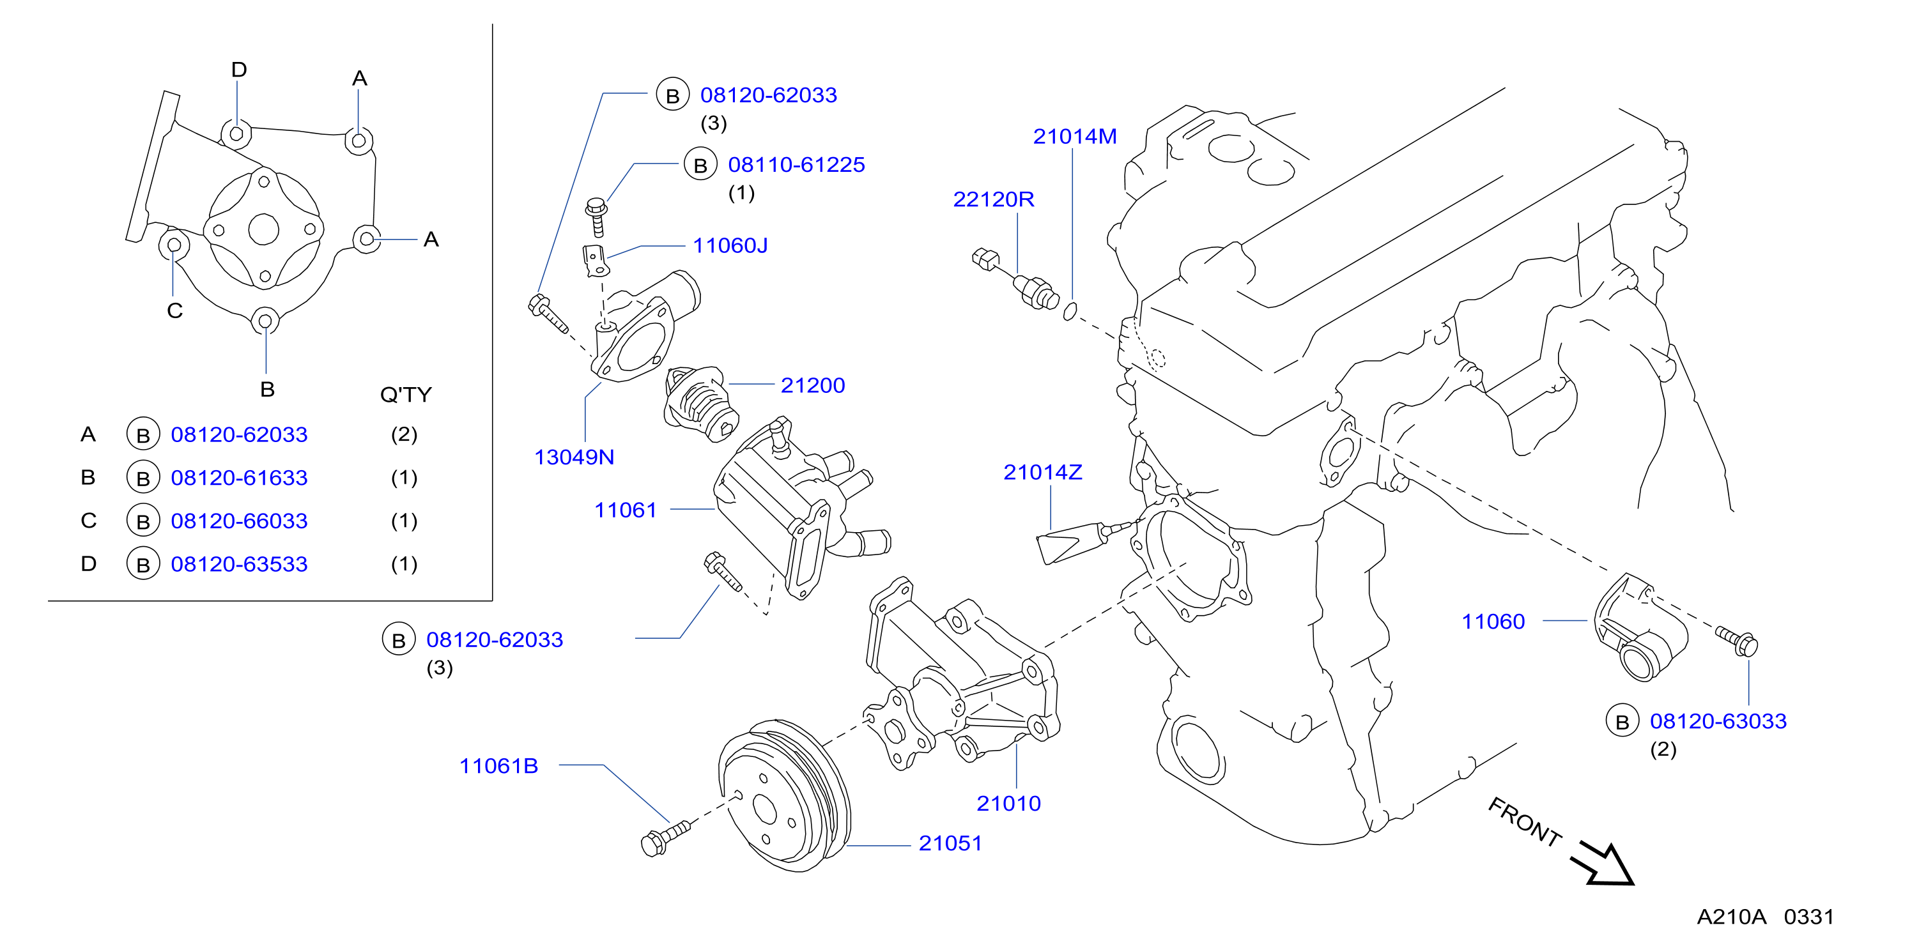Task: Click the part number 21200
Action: click(x=813, y=385)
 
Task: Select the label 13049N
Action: click(x=574, y=457)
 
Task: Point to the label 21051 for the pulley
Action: click(x=951, y=843)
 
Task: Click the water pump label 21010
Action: click(x=1008, y=804)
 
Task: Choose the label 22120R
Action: click(x=994, y=199)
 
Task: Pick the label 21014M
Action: click(x=1075, y=136)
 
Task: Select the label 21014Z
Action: click(x=1043, y=472)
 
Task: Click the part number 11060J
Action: click(x=730, y=245)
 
